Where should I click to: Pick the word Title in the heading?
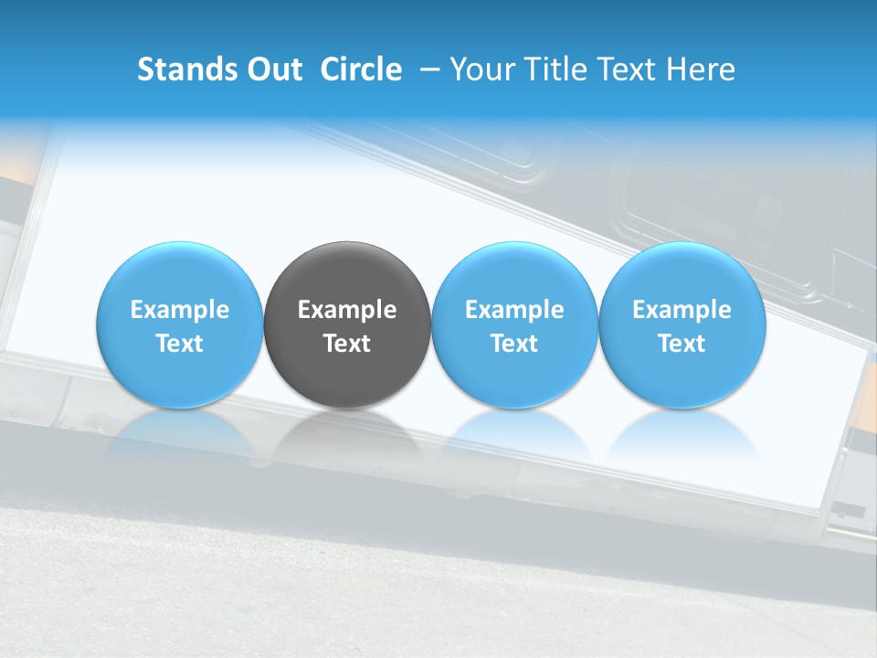pyautogui.click(x=559, y=69)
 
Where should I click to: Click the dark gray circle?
pyautogui.click(x=347, y=324)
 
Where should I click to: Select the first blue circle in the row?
pyautogui.click(x=180, y=324)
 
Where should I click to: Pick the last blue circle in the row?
pyautogui.click(x=682, y=324)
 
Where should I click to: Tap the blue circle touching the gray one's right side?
pyautogui.click(x=514, y=324)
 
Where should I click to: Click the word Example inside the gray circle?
pyautogui.click(x=347, y=310)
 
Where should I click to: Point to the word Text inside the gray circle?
pyautogui.click(x=347, y=344)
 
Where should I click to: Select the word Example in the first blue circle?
pyautogui.click(x=180, y=310)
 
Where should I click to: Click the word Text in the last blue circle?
pyautogui.click(x=682, y=344)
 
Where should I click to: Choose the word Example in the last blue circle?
pyautogui.click(x=682, y=310)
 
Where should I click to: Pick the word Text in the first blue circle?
pyautogui.click(x=180, y=344)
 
